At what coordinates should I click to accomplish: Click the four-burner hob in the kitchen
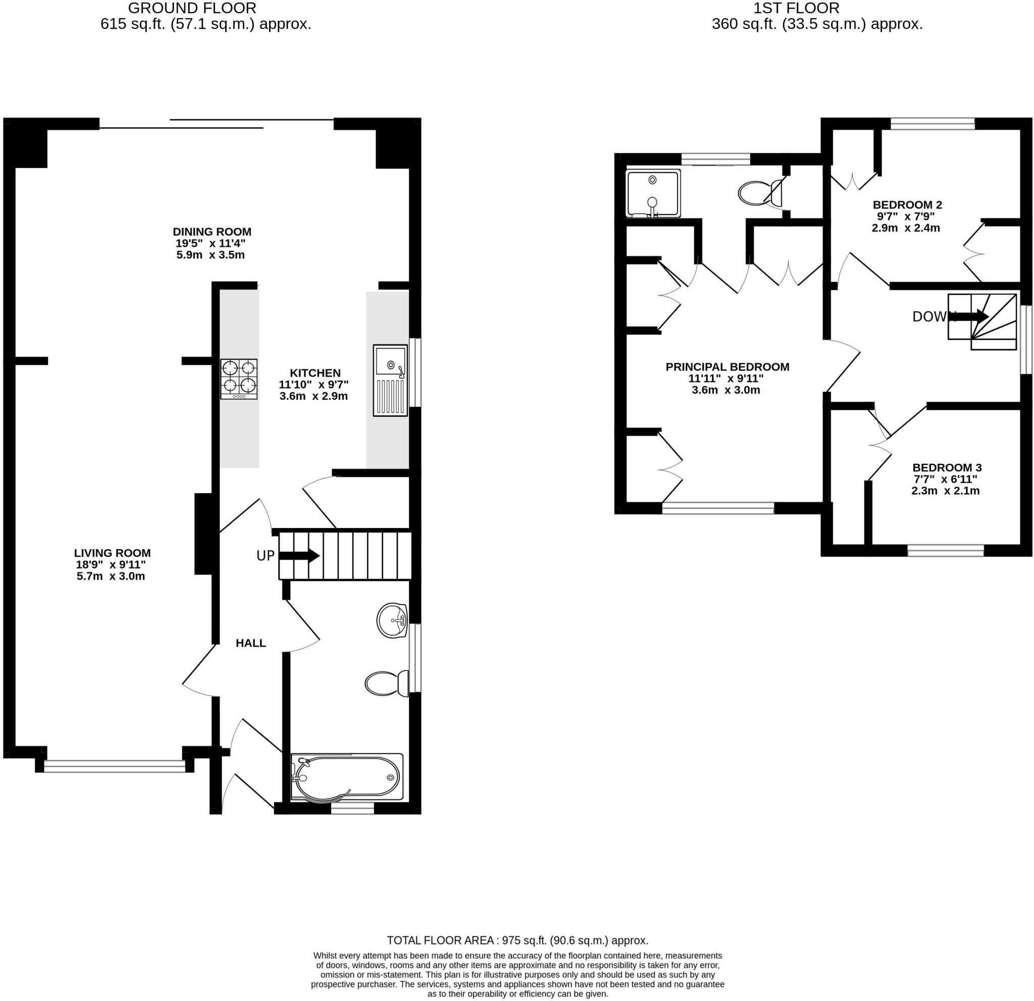[239, 379]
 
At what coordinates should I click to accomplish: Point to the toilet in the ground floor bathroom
[387, 683]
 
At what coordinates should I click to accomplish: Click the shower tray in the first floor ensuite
[653, 193]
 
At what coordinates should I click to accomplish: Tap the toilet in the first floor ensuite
[760, 193]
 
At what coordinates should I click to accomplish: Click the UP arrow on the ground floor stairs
[299, 555]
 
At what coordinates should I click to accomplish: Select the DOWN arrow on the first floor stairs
[973, 317]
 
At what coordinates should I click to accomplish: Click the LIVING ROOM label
[113, 553]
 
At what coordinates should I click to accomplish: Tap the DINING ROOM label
[212, 232]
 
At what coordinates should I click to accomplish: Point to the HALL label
[250, 643]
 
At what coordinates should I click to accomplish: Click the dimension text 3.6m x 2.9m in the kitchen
[314, 396]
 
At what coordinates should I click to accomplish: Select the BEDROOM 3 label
[947, 467]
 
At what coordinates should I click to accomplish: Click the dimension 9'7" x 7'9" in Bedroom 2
[905, 216]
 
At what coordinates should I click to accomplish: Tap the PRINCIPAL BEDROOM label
[727, 366]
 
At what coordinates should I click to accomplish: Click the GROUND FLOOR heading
[192, 8]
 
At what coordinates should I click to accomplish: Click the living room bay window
[115, 766]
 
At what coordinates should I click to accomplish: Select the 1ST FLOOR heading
[796, 8]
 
